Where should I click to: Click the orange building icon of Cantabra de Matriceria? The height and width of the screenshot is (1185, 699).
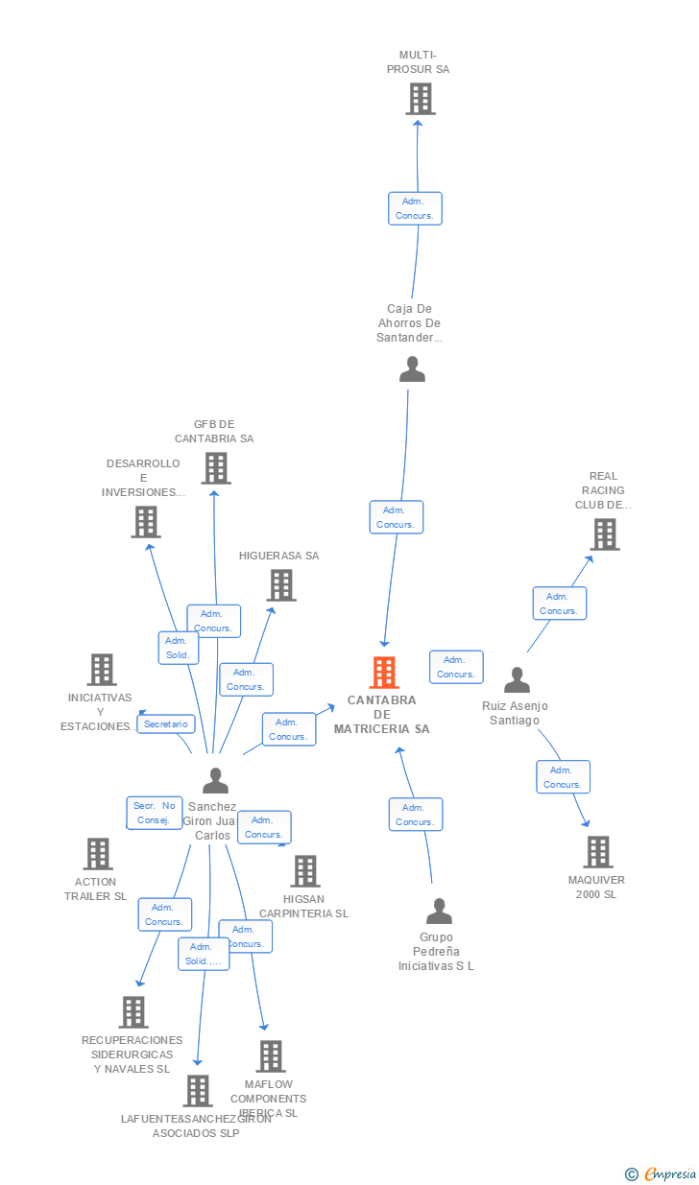click(384, 673)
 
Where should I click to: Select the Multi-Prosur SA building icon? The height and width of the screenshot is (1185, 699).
click(420, 99)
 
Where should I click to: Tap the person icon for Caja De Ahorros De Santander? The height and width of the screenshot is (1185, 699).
click(412, 369)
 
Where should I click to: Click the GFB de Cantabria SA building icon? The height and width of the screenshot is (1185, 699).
click(216, 468)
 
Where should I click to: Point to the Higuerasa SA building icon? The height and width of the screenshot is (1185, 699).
click(281, 585)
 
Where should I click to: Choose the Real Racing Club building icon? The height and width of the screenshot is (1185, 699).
click(605, 534)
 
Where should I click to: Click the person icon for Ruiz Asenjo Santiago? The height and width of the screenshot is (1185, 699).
click(517, 680)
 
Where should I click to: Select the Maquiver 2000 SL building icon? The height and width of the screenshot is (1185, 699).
click(597, 852)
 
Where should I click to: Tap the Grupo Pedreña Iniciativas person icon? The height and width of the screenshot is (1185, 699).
click(439, 912)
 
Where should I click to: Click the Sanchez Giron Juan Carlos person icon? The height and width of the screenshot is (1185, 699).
click(216, 781)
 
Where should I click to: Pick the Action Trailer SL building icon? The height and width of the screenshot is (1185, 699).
click(98, 854)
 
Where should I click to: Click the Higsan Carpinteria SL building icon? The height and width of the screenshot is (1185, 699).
click(305, 871)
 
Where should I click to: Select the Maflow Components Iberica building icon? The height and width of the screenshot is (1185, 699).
click(271, 1056)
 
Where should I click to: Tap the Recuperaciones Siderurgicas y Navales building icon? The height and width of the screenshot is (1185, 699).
click(133, 1012)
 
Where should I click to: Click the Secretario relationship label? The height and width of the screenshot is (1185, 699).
click(166, 724)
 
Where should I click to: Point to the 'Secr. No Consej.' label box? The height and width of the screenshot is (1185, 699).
click(155, 813)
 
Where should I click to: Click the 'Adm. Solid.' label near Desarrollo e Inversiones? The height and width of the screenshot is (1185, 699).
click(179, 648)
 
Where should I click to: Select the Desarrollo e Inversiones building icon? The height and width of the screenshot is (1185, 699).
click(145, 522)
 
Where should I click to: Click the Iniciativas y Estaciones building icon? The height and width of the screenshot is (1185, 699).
click(102, 670)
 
